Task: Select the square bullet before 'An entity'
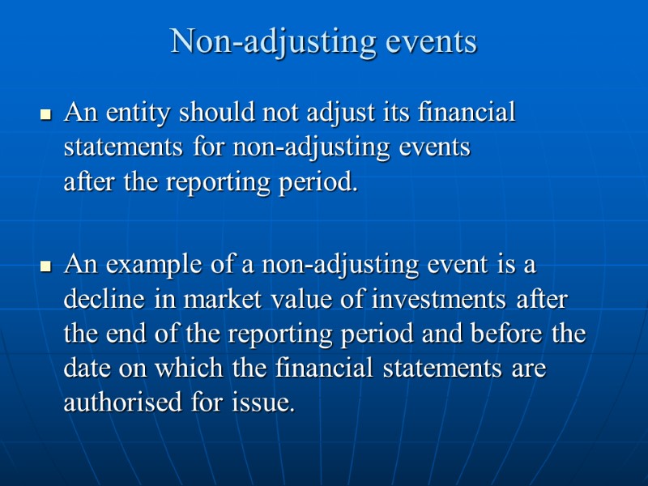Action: [46, 116]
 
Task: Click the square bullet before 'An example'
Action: [46, 266]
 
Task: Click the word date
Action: [86, 369]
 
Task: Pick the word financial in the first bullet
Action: [466, 113]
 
